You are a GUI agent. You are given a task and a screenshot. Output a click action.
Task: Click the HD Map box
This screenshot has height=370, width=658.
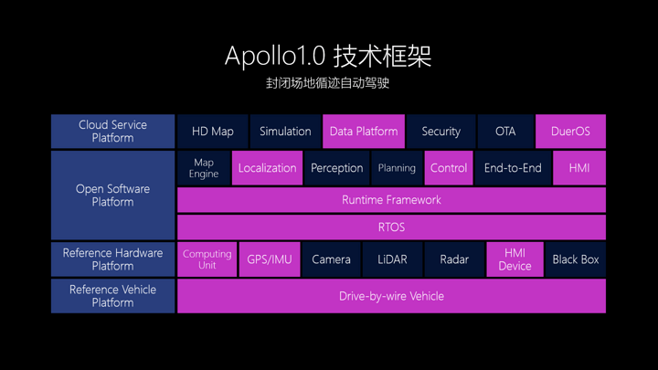(x=212, y=132)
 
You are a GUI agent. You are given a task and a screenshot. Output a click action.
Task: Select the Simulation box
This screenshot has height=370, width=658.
(x=285, y=132)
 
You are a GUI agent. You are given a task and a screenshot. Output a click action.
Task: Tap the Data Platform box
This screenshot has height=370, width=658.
(x=364, y=132)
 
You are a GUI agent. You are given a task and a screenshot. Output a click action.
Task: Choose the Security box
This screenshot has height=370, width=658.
(x=440, y=132)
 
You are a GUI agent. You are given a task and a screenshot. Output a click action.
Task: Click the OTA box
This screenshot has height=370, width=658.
(x=505, y=132)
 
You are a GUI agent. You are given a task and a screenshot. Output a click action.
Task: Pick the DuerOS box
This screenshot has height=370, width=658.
(x=570, y=132)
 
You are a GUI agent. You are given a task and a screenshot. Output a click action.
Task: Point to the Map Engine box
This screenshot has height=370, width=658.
(x=204, y=168)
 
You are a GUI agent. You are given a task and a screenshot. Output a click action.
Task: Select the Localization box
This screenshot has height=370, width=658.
(x=267, y=168)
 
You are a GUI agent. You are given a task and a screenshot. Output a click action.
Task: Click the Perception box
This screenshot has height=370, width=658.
(x=336, y=168)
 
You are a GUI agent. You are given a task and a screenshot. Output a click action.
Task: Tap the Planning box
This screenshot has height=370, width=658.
(x=397, y=168)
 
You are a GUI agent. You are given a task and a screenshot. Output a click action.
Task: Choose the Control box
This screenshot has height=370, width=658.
(x=449, y=168)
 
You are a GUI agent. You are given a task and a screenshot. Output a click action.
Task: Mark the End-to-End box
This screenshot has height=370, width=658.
(x=513, y=168)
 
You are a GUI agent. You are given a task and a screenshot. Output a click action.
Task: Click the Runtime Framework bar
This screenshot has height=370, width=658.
(x=391, y=199)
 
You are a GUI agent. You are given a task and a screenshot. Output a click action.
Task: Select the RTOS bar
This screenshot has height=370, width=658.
(x=391, y=227)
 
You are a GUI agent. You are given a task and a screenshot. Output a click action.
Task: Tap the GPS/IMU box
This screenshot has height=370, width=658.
(x=270, y=259)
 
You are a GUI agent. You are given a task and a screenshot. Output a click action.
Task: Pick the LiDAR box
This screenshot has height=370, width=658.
(x=392, y=259)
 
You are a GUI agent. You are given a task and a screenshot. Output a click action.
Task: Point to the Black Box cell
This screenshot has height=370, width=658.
(x=576, y=259)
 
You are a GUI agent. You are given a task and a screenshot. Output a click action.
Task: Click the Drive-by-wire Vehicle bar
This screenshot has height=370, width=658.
(x=391, y=296)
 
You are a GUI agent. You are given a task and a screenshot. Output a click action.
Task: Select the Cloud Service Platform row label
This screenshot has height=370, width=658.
(x=112, y=132)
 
